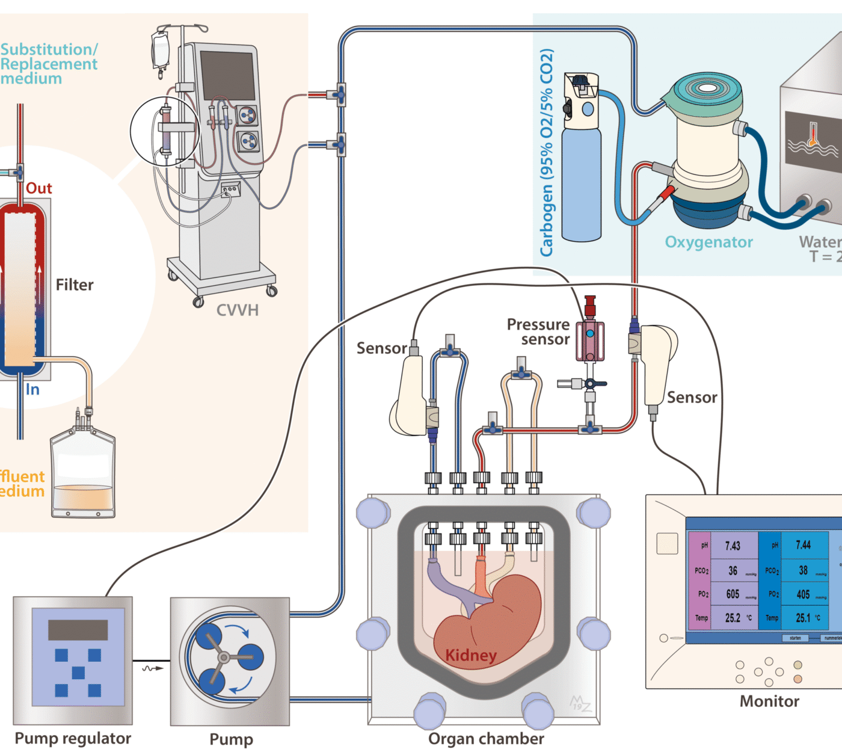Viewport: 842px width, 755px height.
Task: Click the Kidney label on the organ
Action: coord(471,655)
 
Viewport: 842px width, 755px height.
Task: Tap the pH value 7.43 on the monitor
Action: coord(733,546)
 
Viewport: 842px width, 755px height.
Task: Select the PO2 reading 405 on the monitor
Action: coord(803,594)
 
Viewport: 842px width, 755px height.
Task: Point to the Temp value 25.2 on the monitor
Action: coord(733,618)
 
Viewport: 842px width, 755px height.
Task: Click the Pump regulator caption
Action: coord(73,739)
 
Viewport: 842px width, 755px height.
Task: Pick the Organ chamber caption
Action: coord(486,739)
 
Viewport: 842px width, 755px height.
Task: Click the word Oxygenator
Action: coord(708,242)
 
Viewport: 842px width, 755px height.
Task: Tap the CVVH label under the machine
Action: coord(238,310)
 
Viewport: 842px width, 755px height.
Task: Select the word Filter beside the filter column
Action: coord(75,285)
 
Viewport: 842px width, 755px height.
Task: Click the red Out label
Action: coord(39,188)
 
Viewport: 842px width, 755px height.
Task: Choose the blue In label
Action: coord(32,390)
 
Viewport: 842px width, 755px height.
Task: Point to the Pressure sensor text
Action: coord(539,332)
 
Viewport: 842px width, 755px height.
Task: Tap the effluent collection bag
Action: coord(83,475)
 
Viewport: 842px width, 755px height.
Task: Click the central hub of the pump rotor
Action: coord(224,658)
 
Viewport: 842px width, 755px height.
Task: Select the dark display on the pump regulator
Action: coord(78,630)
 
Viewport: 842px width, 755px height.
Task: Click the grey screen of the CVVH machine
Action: coord(227,75)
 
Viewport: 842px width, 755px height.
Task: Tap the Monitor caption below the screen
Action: coord(769,701)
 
